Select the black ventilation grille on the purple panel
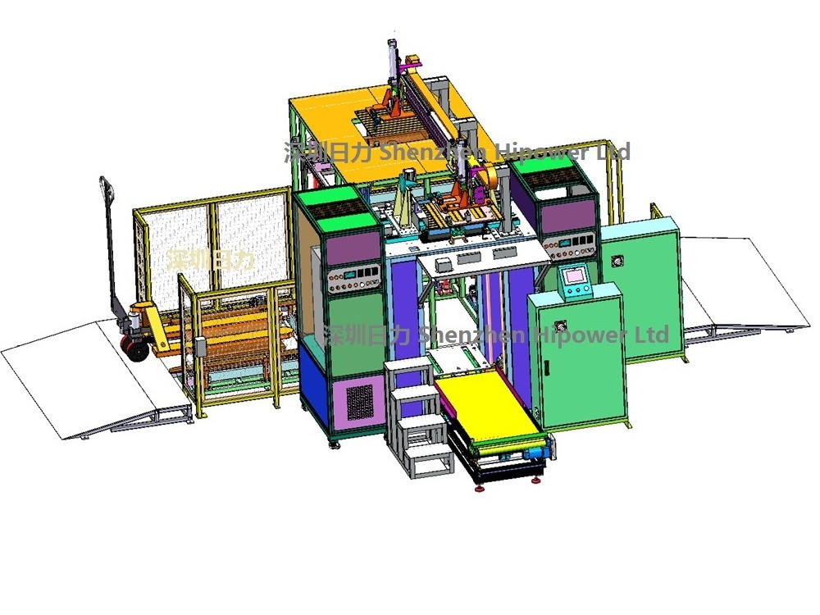pyautogui.click(x=359, y=401)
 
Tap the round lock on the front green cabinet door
pyautogui.click(x=562, y=326)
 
